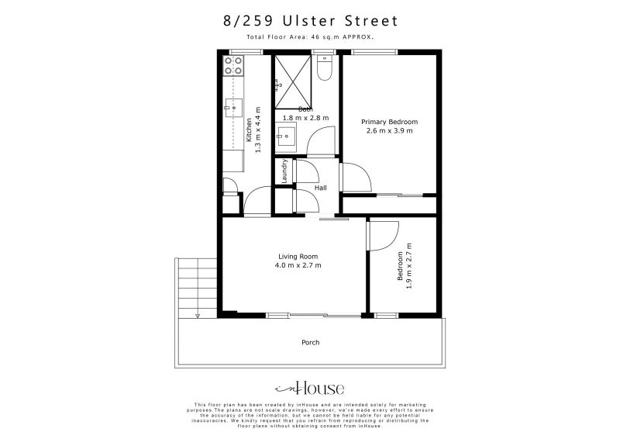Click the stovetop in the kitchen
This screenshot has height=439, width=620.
(x=233, y=66)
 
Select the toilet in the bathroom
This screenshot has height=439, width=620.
(x=325, y=71)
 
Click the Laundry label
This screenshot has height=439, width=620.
(x=285, y=171)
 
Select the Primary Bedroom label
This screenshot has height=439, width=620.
(x=391, y=122)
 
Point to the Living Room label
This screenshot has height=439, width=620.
(x=298, y=257)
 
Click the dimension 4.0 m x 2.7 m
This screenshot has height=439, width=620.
(x=298, y=266)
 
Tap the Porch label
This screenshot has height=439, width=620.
(x=310, y=342)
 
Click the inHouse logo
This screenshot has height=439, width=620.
(x=309, y=389)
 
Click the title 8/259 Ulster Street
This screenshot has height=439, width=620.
(x=309, y=21)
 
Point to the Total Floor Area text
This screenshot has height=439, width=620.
(x=309, y=36)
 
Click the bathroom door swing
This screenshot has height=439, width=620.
(x=321, y=141)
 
